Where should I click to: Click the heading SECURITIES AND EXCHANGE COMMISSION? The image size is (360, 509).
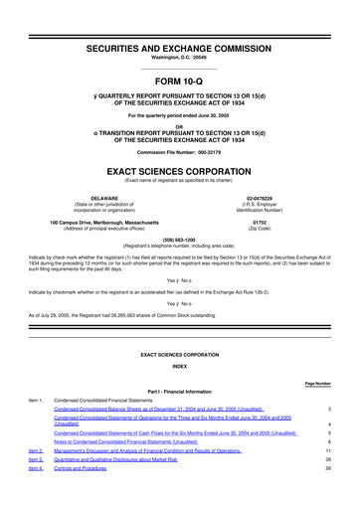(x=179, y=20)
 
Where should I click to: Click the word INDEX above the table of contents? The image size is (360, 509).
(x=179, y=367)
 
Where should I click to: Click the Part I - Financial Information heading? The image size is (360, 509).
(x=179, y=390)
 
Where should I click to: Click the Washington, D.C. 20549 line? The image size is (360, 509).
(x=179, y=32)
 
